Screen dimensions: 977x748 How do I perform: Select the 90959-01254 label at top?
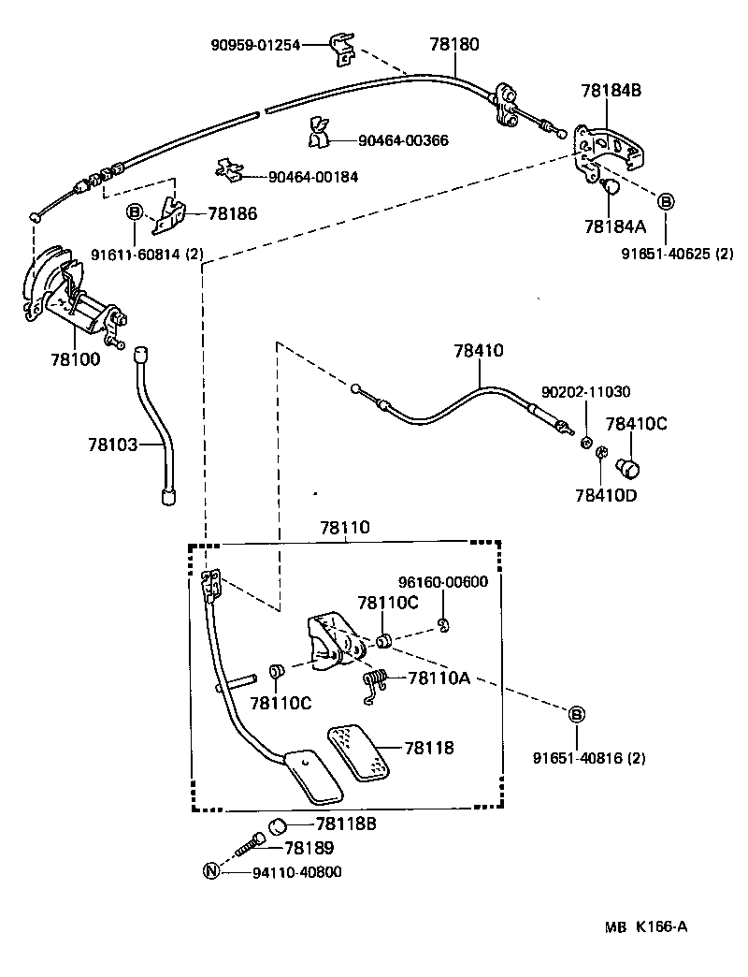(x=255, y=44)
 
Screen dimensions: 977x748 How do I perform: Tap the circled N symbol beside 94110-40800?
(x=211, y=871)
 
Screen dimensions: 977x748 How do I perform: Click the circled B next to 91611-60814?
(x=133, y=213)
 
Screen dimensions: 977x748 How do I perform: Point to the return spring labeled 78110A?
(x=375, y=684)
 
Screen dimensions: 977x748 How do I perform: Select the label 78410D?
(x=606, y=495)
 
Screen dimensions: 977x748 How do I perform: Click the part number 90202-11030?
(x=586, y=392)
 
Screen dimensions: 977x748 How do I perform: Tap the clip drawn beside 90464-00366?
(x=317, y=134)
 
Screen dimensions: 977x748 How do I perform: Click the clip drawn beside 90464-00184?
(x=227, y=168)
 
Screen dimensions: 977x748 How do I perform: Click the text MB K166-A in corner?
(x=645, y=926)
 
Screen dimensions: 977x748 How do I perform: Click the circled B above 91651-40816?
(x=577, y=716)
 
